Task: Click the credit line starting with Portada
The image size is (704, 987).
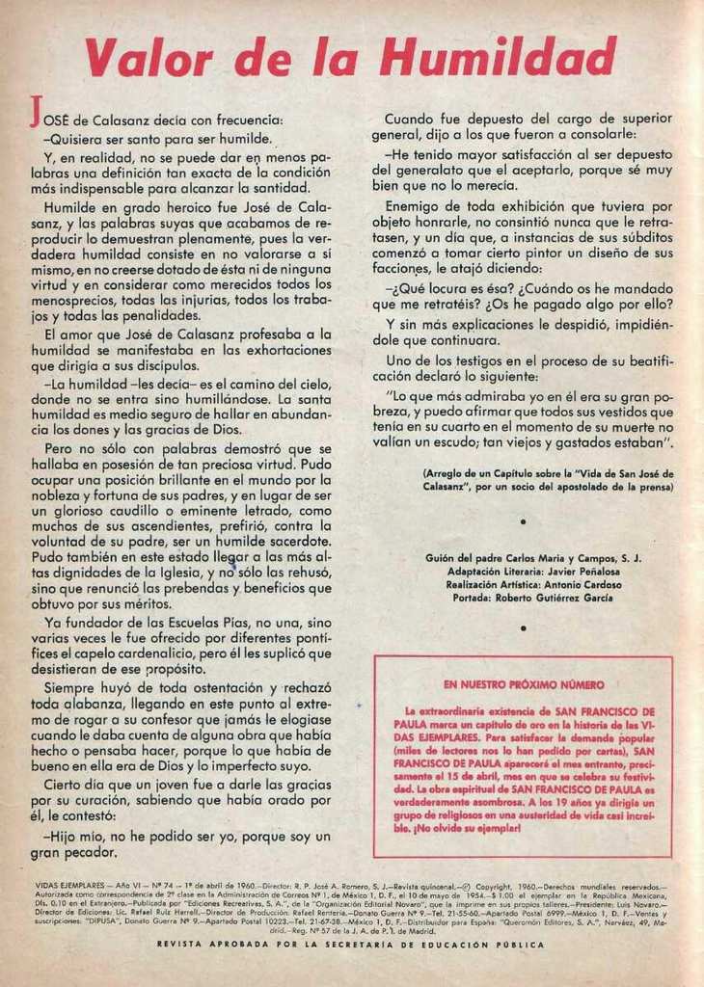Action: pyautogui.click(x=532, y=598)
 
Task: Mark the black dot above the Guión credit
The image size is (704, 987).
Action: pyautogui.click(x=522, y=521)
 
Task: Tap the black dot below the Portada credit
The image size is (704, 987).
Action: pyautogui.click(x=522, y=627)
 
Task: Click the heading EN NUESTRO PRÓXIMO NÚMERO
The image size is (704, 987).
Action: pyautogui.click(x=524, y=684)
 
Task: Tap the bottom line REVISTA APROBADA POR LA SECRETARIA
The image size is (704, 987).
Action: pyautogui.click(x=350, y=945)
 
